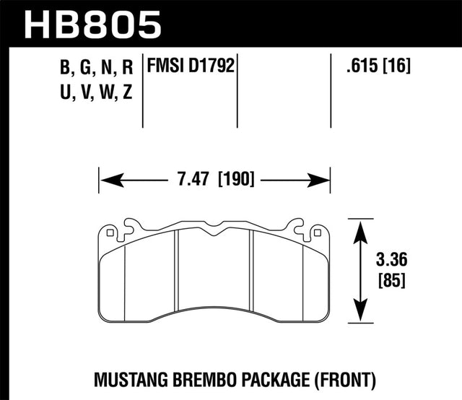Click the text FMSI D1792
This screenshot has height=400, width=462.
[192, 68]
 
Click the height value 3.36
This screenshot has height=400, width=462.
[393, 258]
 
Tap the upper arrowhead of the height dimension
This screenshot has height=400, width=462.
[359, 225]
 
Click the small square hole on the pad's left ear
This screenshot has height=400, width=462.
[110, 232]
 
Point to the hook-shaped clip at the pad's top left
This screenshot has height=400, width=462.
[130, 225]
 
